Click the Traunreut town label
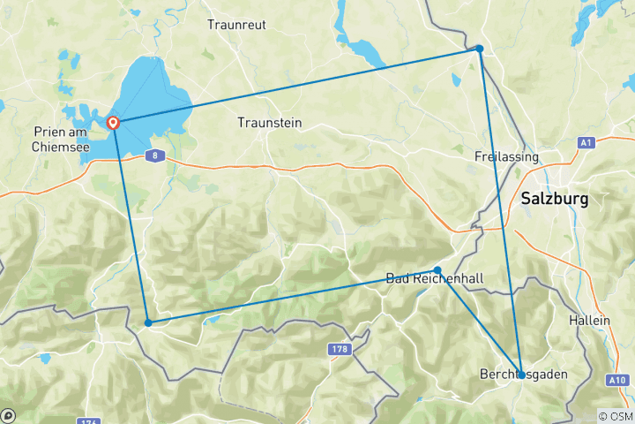click(235, 25)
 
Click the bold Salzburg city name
click(554, 199)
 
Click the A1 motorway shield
click(586, 142)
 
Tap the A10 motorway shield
click(618, 380)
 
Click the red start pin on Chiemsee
click(114, 123)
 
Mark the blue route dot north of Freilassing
click(479, 49)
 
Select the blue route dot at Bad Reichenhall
click(437, 270)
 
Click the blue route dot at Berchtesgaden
click(521, 375)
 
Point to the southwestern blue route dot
click(148, 323)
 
